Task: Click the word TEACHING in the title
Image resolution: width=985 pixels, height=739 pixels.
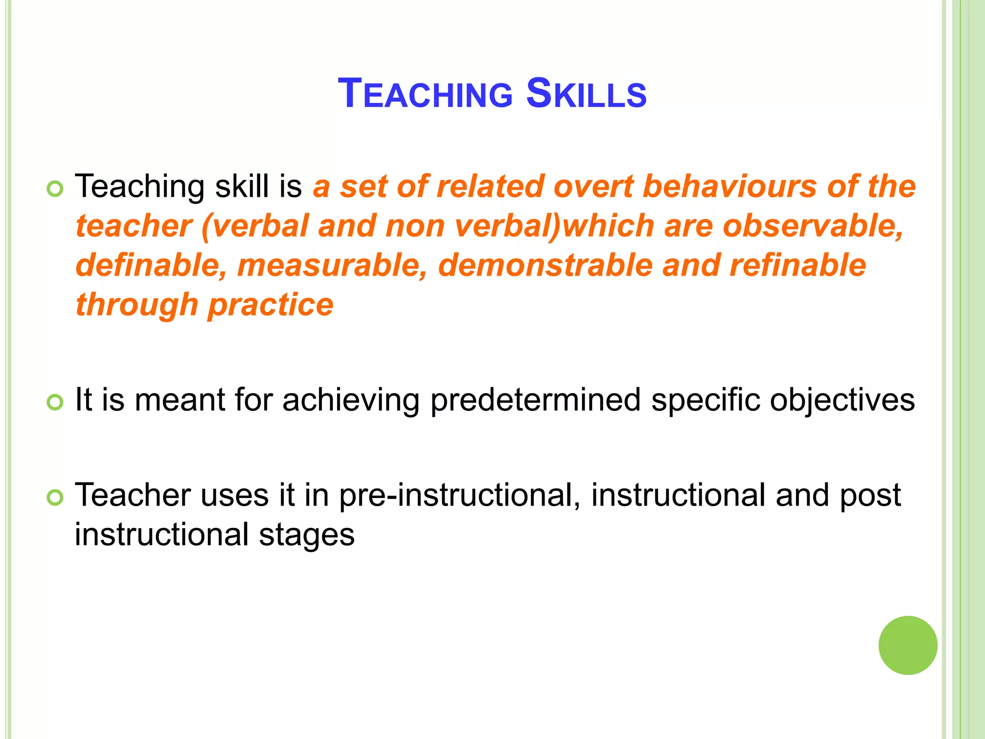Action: pos(425,93)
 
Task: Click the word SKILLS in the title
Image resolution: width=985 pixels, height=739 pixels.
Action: pos(586,93)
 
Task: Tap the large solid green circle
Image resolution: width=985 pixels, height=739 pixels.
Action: pos(908,645)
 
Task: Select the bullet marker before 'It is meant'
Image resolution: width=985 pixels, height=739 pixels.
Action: pos(55,402)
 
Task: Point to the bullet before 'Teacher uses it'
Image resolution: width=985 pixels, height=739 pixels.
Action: pos(55,497)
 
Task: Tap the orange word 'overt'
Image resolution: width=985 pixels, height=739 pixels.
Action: pos(594,187)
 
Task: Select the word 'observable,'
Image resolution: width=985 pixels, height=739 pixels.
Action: pos(813,226)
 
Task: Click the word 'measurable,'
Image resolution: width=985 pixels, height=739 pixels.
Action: pos(332,266)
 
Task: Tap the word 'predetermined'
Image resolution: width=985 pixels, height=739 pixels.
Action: pos(535,400)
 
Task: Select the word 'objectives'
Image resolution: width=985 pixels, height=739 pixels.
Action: pos(842,400)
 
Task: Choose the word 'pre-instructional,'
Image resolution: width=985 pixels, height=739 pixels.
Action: pos(459,496)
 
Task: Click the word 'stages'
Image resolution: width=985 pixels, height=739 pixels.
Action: pos(306,535)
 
